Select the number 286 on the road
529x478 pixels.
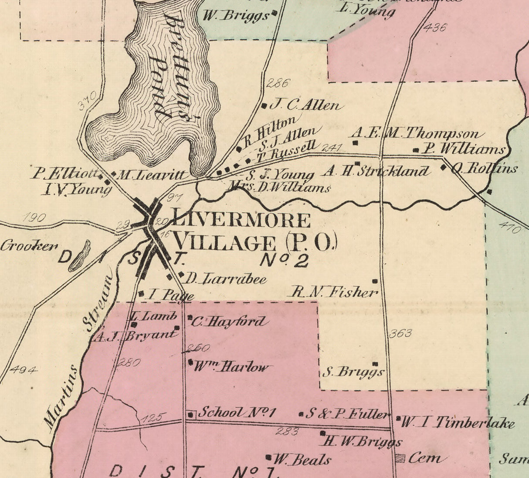pos(277,83)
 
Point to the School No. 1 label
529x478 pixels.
pos(237,413)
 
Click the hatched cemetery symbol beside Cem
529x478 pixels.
pos(400,458)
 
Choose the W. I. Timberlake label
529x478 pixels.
pos(457,422)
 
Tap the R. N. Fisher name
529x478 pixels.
pos(334,292)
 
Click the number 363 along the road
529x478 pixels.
pos(400,333)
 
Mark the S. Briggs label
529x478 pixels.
pos(353,372)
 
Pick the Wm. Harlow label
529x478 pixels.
pos(231,367)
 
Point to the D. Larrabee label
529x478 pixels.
pos(226,278)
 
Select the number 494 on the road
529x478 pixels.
pos(24,370)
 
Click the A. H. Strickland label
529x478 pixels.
pos(376,171)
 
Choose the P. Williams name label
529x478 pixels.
pos(465,149)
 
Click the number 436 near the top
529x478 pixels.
pos(434,27)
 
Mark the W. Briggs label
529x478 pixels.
pos(236,16)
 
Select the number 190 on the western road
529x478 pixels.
pos(34,217)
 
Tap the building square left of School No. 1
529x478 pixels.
pos(191,414)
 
